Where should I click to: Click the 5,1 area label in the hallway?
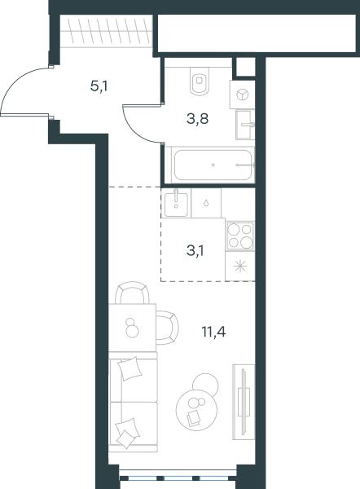(99, 86)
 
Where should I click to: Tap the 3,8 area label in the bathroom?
(197, 119)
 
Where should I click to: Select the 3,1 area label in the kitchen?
(195, 250)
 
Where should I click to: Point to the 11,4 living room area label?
(214, 332)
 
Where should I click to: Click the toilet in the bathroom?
(200, 81)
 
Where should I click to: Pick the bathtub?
(213, 165)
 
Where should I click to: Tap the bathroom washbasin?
(245, 125)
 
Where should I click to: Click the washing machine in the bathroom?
(242, 95)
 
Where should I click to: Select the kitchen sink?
(176, 203)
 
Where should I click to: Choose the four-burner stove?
(240, 236)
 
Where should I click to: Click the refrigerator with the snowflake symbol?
(240, 267)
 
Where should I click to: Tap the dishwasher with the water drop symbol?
(206, 203)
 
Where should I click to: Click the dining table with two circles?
(132, 328)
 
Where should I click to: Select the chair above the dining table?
(132, 293)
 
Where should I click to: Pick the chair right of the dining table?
(168, 328)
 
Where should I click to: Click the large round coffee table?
(196, 410)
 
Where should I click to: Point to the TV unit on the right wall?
(244, 402)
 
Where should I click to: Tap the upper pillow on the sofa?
(130, 368)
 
